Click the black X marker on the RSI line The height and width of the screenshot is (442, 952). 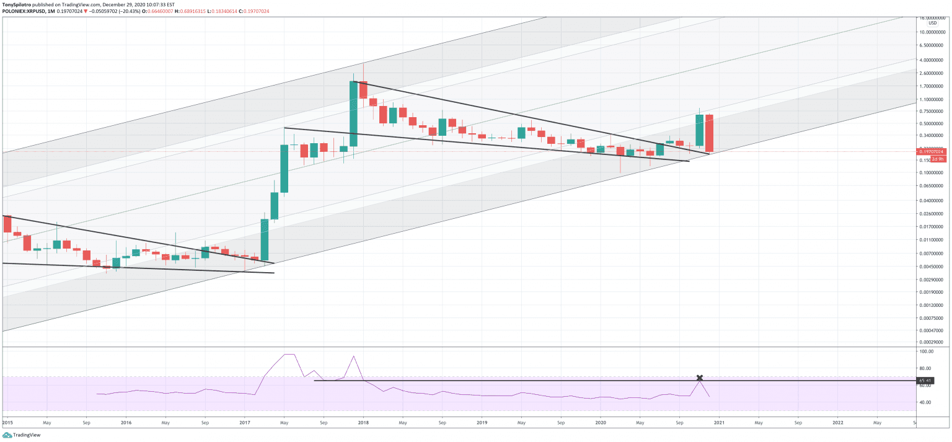coord(700,378)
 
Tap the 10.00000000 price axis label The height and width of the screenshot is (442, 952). coord(933,32)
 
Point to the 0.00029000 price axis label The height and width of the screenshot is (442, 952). coord(933,342)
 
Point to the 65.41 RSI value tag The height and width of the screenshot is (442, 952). coord(925,381)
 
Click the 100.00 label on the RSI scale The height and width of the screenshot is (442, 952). coord(927,351)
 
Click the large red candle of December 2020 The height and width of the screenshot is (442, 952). coord(710,133)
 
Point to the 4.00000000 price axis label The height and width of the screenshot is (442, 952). coord(933,60)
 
